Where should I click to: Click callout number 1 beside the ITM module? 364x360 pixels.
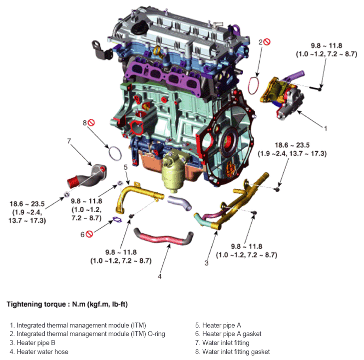click(x=325, y=128)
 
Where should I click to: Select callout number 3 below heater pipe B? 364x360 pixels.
click(x=206, y=263)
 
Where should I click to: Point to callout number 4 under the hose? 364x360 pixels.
click(x=160, y=276)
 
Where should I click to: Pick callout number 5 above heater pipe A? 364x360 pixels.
click(x=126, y=167)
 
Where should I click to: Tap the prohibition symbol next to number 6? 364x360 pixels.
click(x=90, y=234)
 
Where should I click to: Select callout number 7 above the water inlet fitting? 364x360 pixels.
click(x=69, y=141)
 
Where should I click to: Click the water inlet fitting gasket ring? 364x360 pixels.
click(x=115, y=154)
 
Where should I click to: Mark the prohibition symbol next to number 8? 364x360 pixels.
click(x=91, y=122)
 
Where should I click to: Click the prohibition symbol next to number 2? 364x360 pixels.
click(x=267, y=42)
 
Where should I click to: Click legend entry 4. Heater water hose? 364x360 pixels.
click(x=42, y=352)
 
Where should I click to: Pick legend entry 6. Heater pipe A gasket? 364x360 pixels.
click(x=228, y=334)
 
